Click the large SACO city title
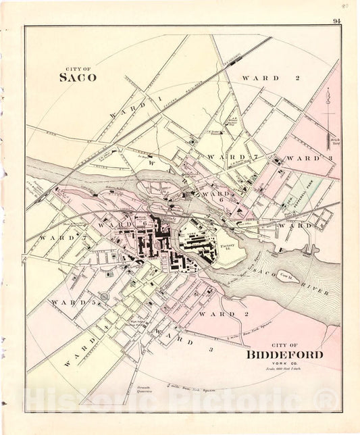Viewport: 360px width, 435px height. pyautogui.click(x=78, y=77)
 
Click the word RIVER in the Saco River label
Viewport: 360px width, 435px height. pyautogui.click(x=318, y=294)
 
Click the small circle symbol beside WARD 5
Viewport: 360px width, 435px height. pyautogui.click(x=103, y=297)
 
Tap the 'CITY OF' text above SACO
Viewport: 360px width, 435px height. pyautogui.click(x=77, y=68)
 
